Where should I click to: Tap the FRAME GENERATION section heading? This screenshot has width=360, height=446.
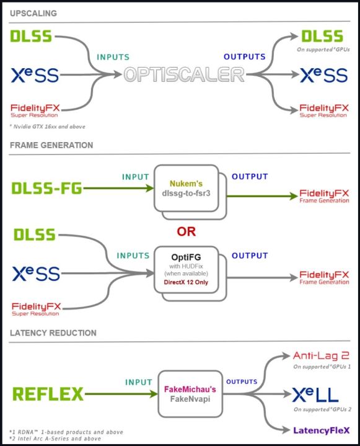(x=51, y=145)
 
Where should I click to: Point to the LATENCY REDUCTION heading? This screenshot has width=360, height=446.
(x=53, y=333)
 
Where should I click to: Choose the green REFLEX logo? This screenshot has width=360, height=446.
(x=48, y=393)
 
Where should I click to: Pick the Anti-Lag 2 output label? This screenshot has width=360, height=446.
(x=321, y=356)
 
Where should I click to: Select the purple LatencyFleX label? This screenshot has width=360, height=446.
(x=322, y=429)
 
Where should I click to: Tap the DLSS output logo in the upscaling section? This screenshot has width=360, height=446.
(x=322, y=37)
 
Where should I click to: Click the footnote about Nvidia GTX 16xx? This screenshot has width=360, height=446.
(x=48, y=127)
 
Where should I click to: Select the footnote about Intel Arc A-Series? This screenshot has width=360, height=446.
(x=56, y=439)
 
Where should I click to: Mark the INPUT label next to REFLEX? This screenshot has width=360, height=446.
(x=139, y=382)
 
